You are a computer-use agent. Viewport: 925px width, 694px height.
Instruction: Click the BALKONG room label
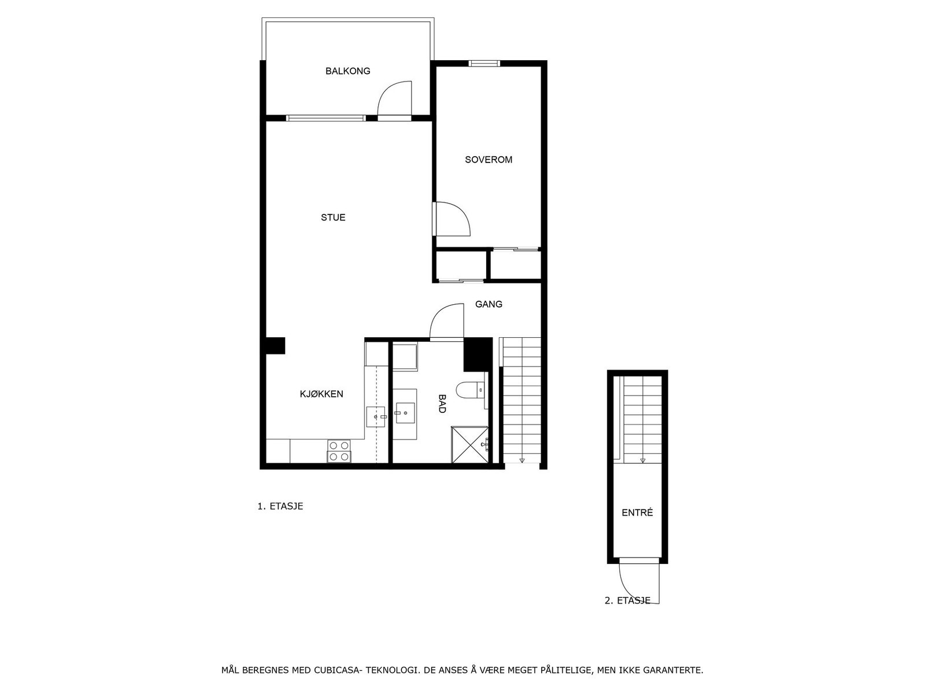(347, 71)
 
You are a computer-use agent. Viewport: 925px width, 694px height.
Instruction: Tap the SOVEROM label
(489, 160)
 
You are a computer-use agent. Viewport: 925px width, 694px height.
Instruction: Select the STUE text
(333, 217)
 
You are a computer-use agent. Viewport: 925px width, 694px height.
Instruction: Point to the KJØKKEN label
(321, 394)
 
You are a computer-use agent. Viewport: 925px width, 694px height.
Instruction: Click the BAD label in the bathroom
(442, 403)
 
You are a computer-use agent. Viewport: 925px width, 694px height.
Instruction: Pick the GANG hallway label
(489, 304)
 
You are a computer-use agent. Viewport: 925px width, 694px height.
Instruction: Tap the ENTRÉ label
(637, 513)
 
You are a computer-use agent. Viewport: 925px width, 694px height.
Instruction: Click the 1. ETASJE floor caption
(280, 506)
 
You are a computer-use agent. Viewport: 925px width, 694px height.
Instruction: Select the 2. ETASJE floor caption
(627, 601)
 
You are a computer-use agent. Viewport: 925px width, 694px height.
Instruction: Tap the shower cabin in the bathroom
(469, 444)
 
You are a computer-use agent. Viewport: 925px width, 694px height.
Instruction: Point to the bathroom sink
(405, 412)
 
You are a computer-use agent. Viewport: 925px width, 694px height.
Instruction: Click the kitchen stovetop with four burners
(339, 451)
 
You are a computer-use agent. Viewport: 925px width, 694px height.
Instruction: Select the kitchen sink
(375, 416)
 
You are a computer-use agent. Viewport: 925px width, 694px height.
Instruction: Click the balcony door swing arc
(393, 98)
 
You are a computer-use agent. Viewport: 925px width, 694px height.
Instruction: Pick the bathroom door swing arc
(446, 322)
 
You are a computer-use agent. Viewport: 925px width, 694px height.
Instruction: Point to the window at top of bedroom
(484, 64)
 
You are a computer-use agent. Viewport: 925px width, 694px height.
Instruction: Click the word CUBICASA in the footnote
(337, 671)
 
